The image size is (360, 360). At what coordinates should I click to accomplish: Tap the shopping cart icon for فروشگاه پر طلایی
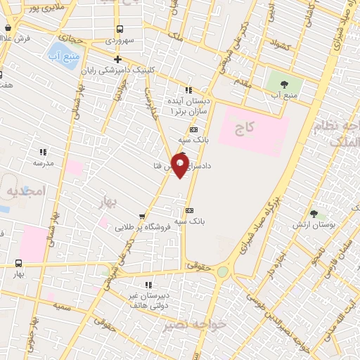(143, 217)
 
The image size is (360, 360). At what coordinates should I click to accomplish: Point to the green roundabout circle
(222, 271)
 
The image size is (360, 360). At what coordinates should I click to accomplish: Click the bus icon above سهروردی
(120, 30)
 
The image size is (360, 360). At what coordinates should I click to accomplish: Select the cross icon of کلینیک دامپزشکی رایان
(117, 60)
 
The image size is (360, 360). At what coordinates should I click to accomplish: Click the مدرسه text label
(43, 162)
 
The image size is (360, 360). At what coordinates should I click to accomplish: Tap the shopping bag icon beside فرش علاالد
(8, 28)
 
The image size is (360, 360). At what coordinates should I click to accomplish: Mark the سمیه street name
(65, 307)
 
